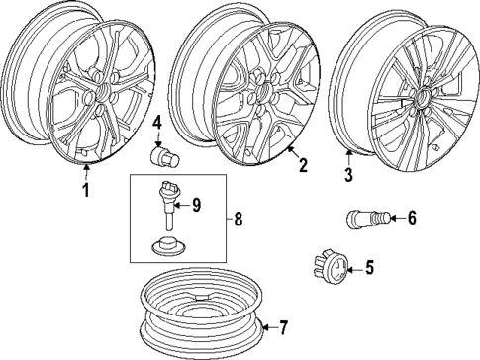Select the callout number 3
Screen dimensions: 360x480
point(348,176)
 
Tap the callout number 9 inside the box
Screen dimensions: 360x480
point(196,205)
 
